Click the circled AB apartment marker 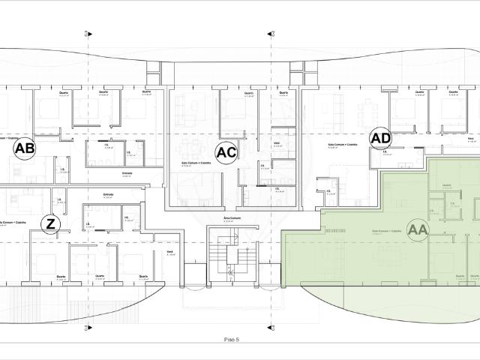point(25,149)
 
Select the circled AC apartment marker point(226,152)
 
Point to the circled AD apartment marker point(381,138)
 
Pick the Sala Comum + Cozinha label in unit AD point(342,145)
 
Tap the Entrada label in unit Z point(107,195)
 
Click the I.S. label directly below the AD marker point(385,151)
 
